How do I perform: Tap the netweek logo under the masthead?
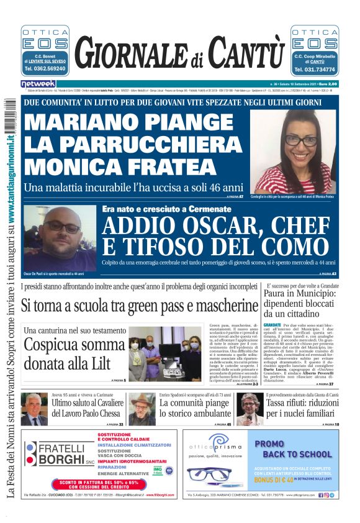pos(38,84)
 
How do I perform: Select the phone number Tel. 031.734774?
pos(314,70)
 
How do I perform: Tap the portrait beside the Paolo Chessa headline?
pos(34,409)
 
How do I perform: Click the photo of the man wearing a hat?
pos(142,409)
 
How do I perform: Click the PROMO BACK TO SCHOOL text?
pos(294,449)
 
